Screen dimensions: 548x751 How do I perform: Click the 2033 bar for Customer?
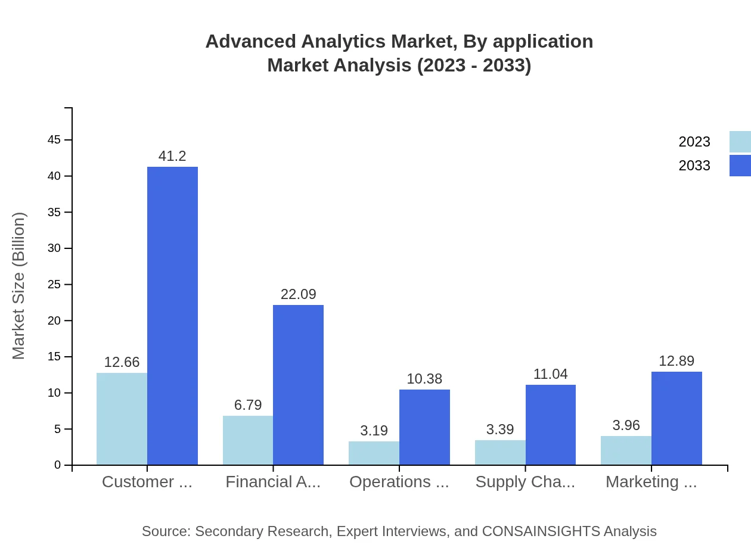pos(172,316)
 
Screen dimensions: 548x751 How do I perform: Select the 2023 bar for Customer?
pos(122,419)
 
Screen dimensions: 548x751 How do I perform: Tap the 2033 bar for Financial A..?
pos(298,385)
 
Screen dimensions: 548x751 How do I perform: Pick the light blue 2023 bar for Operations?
pos(374,453)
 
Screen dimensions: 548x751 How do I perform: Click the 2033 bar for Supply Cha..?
pos(550,425)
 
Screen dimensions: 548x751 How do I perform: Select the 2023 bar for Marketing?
pos(626,450)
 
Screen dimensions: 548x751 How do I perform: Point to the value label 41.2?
pos(172,157)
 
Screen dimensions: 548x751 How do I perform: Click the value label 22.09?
pos(298,294)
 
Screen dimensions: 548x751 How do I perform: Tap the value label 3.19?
pos(374,431)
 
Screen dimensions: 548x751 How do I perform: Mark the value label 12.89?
pos(676,361)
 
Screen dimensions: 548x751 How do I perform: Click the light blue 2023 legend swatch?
pos(740,142)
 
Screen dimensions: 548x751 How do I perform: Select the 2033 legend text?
pos(694,166)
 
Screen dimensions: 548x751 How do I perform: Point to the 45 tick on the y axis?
pos(54,140)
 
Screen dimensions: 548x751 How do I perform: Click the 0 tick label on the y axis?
pos(58,465)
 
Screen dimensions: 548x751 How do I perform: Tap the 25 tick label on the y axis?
pos(54,285)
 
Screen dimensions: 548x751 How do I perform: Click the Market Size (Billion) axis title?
pos(19,286)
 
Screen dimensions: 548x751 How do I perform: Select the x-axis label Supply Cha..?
pos(525,482)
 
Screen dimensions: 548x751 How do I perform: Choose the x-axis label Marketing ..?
pos(651,482)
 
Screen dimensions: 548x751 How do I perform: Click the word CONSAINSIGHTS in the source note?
pos(541,531)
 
